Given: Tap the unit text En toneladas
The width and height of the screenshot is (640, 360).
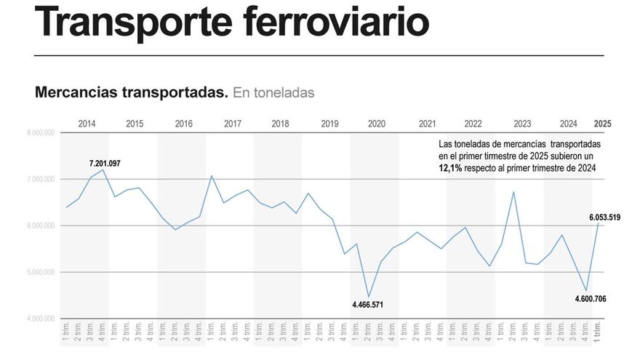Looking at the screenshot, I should pos(273,93).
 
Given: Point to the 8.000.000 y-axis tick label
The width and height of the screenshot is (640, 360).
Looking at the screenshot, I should pos(41,133).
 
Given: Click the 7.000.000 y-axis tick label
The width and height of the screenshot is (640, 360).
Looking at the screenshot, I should pos(41,180).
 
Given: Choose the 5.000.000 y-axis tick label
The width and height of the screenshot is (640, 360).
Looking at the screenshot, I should pos(41,273).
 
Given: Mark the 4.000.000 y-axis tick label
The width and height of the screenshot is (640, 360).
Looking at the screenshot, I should pos(41,319).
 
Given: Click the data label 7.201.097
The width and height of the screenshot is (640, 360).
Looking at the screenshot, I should pos(105,163).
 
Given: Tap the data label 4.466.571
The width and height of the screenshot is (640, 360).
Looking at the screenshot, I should pos(368,305).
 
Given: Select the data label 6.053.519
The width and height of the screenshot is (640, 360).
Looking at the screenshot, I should pos(604,217).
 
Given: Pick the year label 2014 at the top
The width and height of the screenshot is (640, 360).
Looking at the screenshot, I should pos(87,124).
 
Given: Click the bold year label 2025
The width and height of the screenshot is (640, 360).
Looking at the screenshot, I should pos(602,124).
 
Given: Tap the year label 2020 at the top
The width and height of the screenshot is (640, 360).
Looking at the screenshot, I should pos(376,124).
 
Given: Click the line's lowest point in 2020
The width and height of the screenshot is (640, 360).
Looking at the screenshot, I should pos(369,297).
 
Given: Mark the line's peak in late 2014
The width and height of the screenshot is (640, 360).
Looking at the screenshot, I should pos(103,169).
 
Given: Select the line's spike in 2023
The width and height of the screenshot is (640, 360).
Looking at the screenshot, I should pos(513,192).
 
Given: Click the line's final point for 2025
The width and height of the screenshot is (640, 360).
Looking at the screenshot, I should pos(599,223).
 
